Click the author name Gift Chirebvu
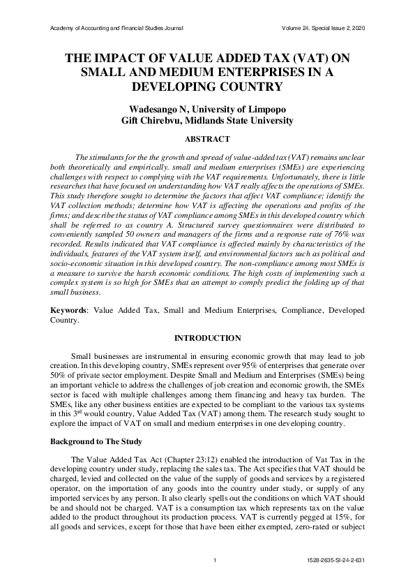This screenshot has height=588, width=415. coord(154,121)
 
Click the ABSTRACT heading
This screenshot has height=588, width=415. coord(207,140)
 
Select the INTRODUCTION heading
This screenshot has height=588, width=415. coord(207,338)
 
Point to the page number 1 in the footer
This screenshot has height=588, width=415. coord(216,561)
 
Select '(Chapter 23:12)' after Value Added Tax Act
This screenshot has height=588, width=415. coord(183,459)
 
